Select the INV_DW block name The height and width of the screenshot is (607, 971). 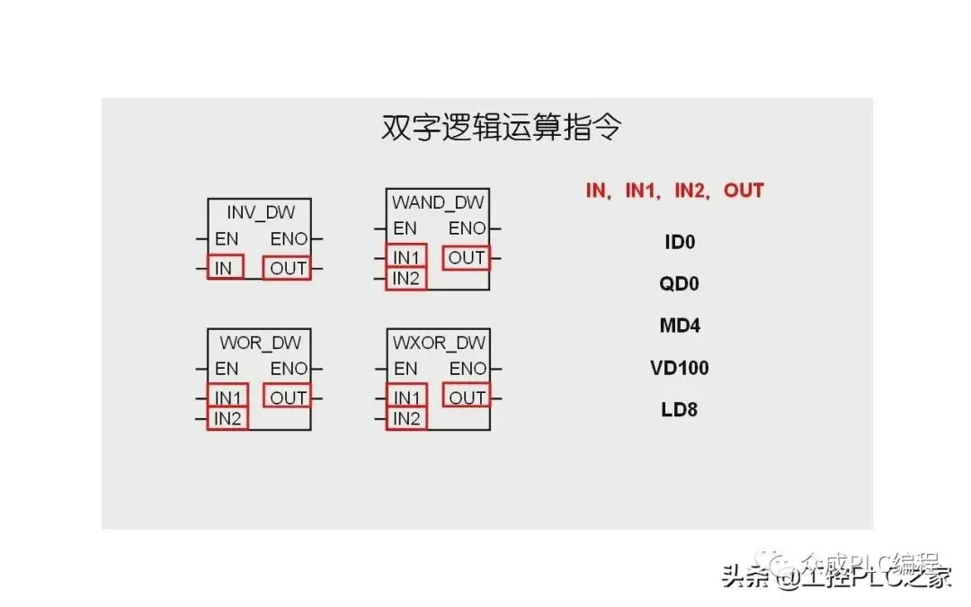pyautogui.click(x=260, y=213)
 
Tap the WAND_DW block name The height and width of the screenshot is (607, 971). pyautogui.click(x=438, y=202)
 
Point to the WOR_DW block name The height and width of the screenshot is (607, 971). pyautogui.click(x=260, y=343)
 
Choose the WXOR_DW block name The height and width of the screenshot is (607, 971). pyautogui.click(x=439, y=343)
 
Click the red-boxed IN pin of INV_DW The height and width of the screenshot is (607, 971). pyautogui.click(x=225, y=268)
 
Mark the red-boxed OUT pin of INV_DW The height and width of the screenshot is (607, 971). pyautogui.click(x=288, y=268)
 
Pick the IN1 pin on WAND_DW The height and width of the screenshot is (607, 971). pyautogui.click(x=405, y=257)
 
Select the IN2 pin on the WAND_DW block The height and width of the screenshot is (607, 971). pyautogui.click(x=405, y=279)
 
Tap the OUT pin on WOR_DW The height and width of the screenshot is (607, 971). pyautogui.click(x=288, y=397)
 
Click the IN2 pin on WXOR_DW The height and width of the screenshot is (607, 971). pyautogui.click(x=405, y=418)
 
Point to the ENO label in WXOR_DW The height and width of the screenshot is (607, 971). pyautogui.click(x=468, y=369)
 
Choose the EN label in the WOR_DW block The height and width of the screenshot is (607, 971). pyautogui.click(x=227, y=369)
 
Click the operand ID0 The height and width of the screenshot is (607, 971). pyautogui.click(x=680, y=242)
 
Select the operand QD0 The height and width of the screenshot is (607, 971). pyautogui.click(x=680, y=284)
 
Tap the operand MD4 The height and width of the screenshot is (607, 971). pyautogui.click(x=680, y=326)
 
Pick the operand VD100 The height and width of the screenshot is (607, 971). pyautogui.click(x=680, y=368)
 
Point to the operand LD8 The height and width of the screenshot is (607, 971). pyautogui.click(x=680, y=410)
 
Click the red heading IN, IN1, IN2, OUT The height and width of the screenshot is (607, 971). pyautogui.click(x=674, y=191)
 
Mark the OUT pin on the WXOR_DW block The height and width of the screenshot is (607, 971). pyautogui.click(x=467, y=397)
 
